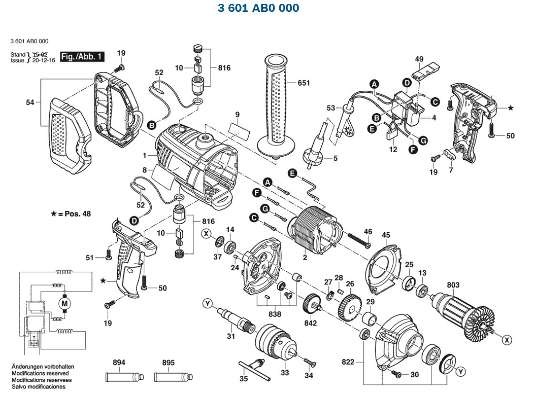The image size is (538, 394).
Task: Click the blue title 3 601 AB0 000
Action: pos(258,8)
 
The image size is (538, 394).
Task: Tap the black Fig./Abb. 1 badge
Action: pos(82,57)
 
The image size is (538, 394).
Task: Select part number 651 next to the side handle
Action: pos(303,83)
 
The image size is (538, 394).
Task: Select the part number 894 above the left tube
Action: pos(119,363)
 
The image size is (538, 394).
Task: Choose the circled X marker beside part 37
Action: pos(206,233)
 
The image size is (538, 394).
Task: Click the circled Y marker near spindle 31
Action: pos(207,303)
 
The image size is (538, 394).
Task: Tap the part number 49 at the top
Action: pos(419,59)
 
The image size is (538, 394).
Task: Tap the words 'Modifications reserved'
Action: pos(40,374)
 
